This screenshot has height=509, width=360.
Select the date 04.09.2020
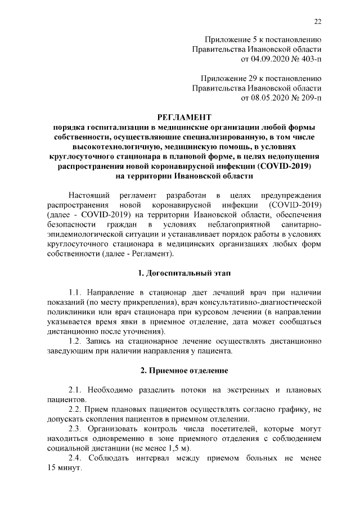click(262, 57)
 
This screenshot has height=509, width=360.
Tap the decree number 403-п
click(308, 57)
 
